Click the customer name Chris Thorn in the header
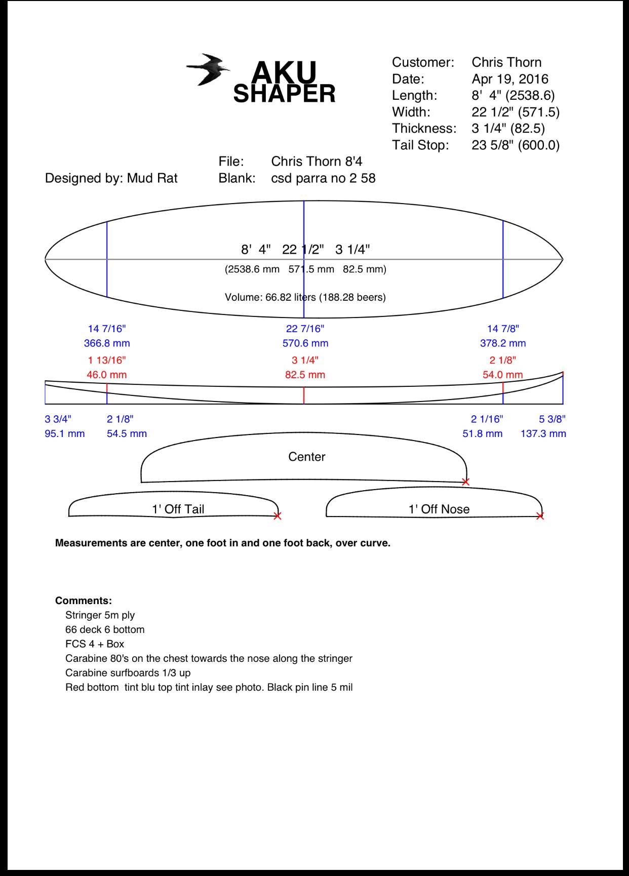(506, 62)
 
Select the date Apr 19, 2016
(509, 79)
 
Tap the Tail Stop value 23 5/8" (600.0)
(515, 145)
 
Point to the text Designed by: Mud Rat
(111, 178)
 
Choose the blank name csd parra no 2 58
(323, 178)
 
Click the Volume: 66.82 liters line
(305, 297)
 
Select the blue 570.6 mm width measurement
(305, 343)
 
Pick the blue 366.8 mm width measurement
(107, 343)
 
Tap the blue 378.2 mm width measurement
(503, 343)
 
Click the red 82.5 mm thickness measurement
(305, 375)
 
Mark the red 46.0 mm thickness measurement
(107, 375)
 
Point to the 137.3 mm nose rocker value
(543, 434)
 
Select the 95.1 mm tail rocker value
(65, 434)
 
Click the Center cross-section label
(306, 457)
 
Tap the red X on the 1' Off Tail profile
(277, 516)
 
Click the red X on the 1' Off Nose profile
(540, 516)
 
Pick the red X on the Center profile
(466, 482)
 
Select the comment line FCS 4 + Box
(95, 644)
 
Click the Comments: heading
(84, 601)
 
